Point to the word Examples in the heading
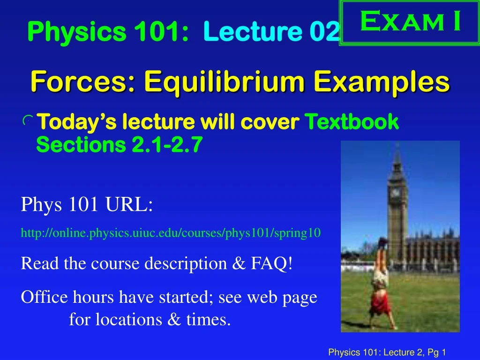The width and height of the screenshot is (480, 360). point(381,82)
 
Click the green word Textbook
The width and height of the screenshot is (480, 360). point(352,122)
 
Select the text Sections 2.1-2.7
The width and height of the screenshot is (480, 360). point(119,145)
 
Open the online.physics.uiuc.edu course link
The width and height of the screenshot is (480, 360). point(171,233)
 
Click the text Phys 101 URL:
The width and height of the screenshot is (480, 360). point(87,205)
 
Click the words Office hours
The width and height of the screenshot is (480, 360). point(68,297)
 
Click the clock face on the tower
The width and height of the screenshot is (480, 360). point(396,192)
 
